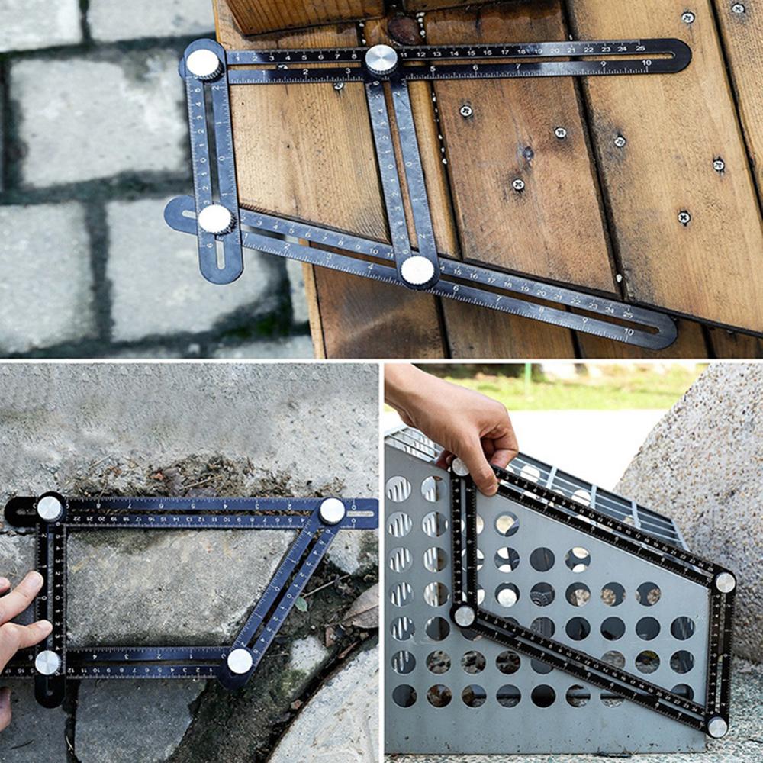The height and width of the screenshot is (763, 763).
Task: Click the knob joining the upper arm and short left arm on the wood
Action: tap(204, 64)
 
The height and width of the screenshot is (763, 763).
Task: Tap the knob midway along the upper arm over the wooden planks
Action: tap(381, 60)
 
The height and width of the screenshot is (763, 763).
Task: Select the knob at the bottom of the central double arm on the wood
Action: tap(417, 270)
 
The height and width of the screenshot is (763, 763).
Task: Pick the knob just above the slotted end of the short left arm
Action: tap(215, 220)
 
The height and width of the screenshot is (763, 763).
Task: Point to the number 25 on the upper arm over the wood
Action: tap(641, 48)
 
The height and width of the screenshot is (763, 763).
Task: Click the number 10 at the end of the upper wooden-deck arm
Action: tap(645, 63)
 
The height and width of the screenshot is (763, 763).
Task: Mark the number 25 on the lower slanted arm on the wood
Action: tap(627, 314)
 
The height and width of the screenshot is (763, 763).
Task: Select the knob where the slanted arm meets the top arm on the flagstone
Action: tap(331, 510)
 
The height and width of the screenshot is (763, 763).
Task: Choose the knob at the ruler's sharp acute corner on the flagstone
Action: tap(240, 661)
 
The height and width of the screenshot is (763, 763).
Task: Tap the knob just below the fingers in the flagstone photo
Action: tap(47, 662)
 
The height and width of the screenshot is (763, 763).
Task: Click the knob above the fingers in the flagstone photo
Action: tap(50, 508)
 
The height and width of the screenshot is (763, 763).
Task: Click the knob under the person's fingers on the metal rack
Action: tap(460, 466)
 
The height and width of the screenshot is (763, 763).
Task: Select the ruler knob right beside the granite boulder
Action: tap(724, 582)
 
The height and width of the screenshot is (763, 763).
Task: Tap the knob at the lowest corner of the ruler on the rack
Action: tap(716, 726)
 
